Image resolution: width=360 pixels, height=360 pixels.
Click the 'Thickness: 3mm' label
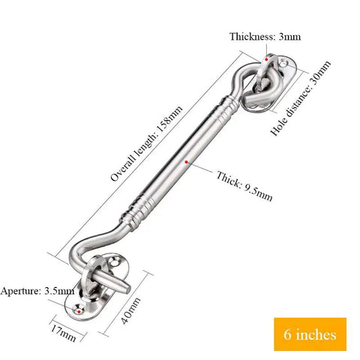click(265, 37)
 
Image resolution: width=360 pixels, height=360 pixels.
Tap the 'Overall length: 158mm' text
click(147, 143)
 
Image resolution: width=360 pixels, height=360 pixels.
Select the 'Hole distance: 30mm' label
click(301, 98)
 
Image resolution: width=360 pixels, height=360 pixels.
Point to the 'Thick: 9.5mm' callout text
click(244, 186)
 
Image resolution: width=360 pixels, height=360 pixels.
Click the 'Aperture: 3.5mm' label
click(37, 291)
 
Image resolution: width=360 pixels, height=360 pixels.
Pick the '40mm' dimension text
click(130, 310)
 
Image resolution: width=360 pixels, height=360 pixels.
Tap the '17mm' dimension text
click(63, 332)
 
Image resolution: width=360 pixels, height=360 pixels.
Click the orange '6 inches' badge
click(310, 334)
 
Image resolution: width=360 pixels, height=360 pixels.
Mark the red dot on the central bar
click(186, 162)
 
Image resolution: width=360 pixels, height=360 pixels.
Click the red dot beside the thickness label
click(266, 59)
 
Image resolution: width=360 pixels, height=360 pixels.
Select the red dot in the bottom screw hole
click(79, 311)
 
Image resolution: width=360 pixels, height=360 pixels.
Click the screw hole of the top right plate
click(283, 64)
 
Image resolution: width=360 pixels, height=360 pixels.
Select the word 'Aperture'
click(20, 291)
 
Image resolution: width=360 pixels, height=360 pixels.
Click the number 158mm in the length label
click(170, 118)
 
